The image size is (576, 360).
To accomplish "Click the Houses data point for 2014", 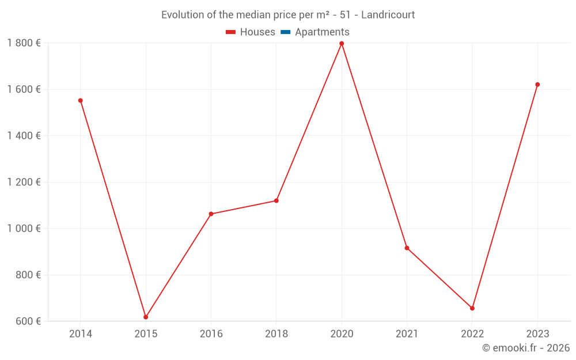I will (x=81, y=101).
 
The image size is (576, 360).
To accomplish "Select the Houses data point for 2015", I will (x=146, y=317).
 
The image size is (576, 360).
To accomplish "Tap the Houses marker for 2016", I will (x=211, y=214).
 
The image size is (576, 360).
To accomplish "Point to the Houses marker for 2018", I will (x=276, y=200).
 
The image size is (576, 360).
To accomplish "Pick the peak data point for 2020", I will (x=342, y=43).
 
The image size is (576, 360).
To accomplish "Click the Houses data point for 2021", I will (x=407, y=248).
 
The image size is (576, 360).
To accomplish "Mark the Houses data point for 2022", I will (x=472, y=308).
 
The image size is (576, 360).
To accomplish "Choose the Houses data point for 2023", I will (x=537, y=85).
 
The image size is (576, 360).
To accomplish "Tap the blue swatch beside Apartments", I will (x=285, y=32).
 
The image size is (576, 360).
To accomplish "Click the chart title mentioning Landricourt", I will (x=288, y=15).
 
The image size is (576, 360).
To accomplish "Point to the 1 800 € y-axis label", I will (x=24, y=43).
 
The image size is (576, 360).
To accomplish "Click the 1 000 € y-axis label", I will (x=24, y=228).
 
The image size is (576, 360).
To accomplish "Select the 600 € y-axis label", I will (x=28, y=321).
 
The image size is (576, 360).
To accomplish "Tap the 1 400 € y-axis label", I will (x=24, y=136).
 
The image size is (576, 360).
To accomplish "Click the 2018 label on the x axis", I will (x=276, y=334).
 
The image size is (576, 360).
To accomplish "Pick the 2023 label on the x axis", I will (x=537, y=334).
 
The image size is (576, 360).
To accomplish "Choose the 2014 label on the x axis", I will (x=81, y=334).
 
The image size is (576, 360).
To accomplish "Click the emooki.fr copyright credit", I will (x=526, y=348).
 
